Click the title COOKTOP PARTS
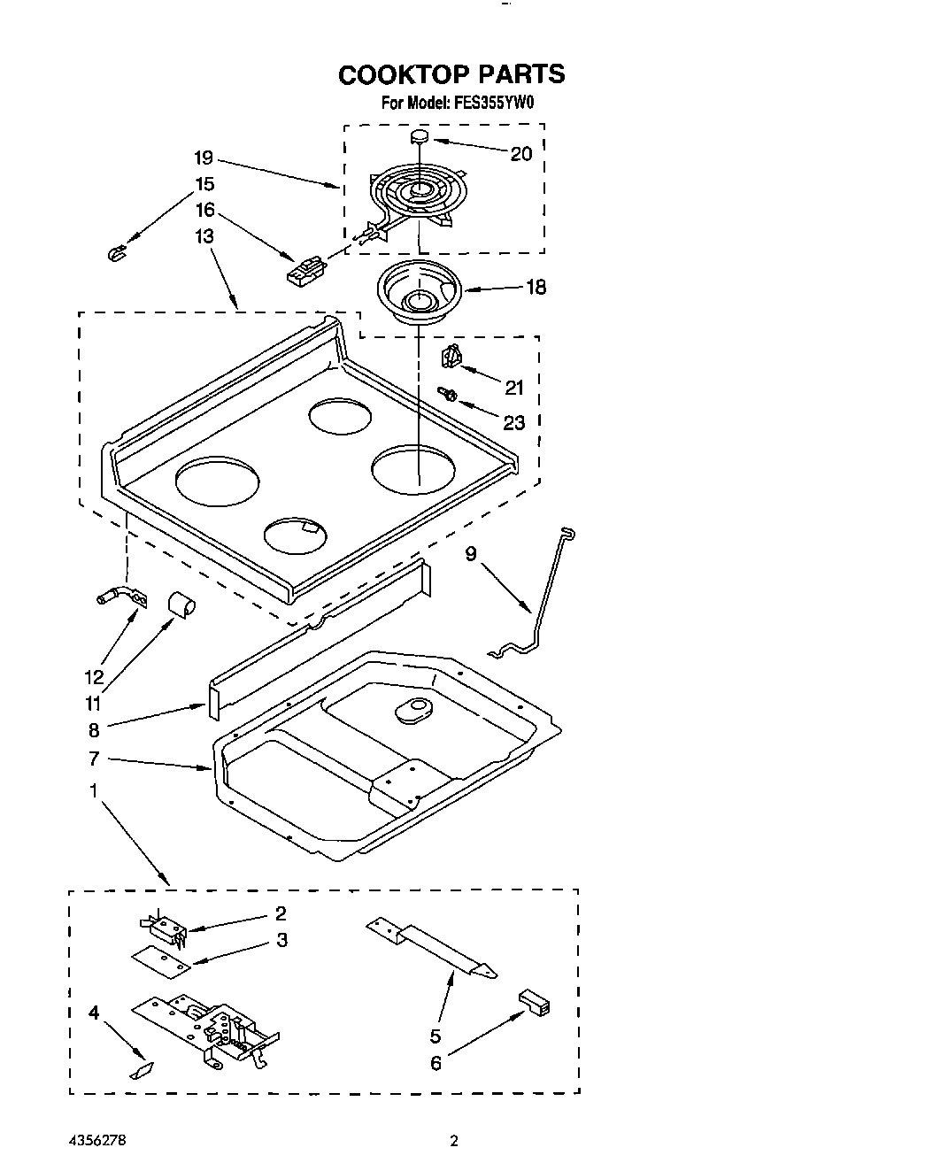pos(451,74)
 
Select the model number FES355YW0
pos(494,104)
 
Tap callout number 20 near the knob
pos(520,154)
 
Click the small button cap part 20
pos(420,136)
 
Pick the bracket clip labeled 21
pos(451,357)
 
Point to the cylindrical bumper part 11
pos(182,605)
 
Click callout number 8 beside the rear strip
pos(94,730)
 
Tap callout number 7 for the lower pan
pos(94,759)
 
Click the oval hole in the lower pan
pos(410,711)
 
